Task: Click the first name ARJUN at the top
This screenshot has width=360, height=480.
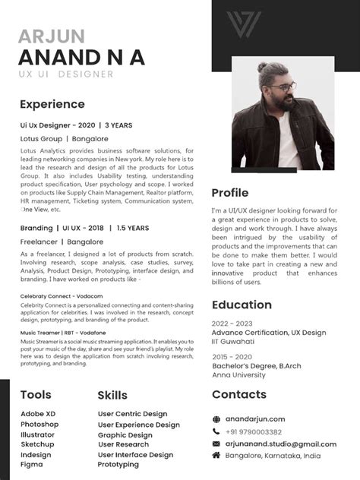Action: click(52, 36)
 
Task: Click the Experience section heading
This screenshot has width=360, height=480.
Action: click(52, 104)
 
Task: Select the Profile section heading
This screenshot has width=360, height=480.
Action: click(230, 193)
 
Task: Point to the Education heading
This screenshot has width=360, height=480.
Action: click(242, 305)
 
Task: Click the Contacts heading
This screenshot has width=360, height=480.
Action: click(238, 394)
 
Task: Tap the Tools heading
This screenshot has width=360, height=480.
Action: click(36, 395)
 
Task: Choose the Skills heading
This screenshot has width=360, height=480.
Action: click(112, 395)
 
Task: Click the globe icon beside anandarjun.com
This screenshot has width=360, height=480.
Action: click(216, 418)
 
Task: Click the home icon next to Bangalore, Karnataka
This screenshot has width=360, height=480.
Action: click(216, 455)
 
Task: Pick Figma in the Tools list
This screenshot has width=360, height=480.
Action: click(32, 464)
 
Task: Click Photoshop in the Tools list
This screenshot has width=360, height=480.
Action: click(39, 424)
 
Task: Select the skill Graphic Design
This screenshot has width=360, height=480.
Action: click(125, 435)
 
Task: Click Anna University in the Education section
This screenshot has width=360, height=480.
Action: click(238, 374)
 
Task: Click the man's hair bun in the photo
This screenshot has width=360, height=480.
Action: click(262, 67)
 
